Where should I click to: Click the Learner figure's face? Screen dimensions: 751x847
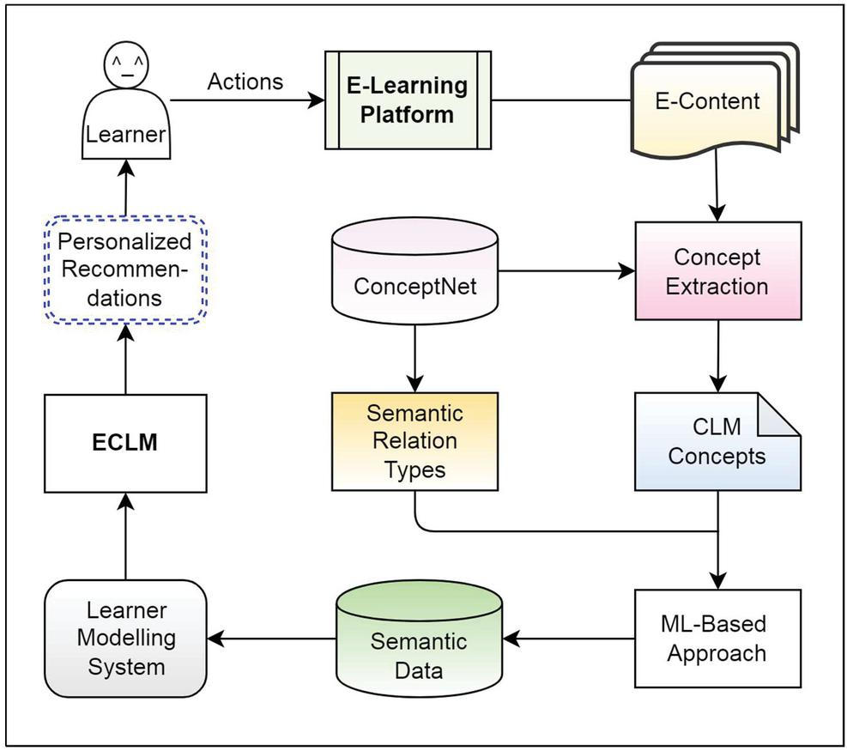125,70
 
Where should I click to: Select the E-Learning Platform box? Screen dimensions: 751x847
408,100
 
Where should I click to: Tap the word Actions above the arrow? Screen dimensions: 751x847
245,82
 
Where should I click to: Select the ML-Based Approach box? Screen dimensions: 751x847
717,638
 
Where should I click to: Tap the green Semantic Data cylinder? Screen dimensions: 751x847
420,639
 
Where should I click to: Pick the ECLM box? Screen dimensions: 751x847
125,444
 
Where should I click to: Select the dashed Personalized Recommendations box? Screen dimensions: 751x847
125,271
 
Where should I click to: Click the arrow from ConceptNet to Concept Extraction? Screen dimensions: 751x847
566,272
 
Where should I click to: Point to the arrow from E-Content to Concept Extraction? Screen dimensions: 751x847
718,189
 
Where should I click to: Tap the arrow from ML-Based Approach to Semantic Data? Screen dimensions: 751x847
570,639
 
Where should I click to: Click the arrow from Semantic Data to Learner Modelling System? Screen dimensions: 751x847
271,639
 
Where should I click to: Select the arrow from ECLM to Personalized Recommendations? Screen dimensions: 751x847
125,360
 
